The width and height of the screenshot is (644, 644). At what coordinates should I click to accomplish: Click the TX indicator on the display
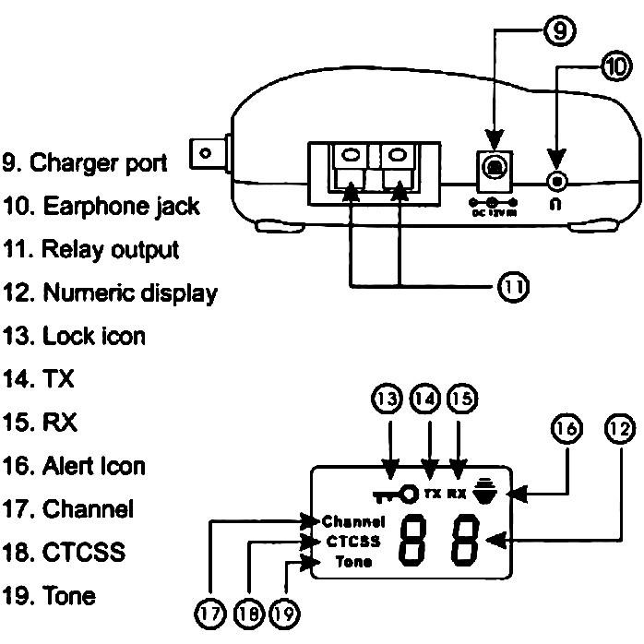coord(432,494)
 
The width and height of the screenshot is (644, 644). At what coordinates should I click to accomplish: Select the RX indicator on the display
coord(456,494)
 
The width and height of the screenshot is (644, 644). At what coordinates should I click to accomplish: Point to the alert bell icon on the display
coord(483,493)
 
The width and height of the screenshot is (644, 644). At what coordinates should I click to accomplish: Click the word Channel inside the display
coord(353,520)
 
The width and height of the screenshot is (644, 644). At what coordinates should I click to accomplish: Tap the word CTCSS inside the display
coord(352,541)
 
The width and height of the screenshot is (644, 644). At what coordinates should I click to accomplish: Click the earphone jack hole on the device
coord(555,180)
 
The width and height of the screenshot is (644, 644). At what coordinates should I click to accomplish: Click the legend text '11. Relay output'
coord(91,249)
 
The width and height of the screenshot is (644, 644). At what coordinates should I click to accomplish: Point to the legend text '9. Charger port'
coord(85,162)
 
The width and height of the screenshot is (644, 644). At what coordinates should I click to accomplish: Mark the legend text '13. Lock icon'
coord(74,336)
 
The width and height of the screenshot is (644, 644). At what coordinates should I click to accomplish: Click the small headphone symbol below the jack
coord(555,206)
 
